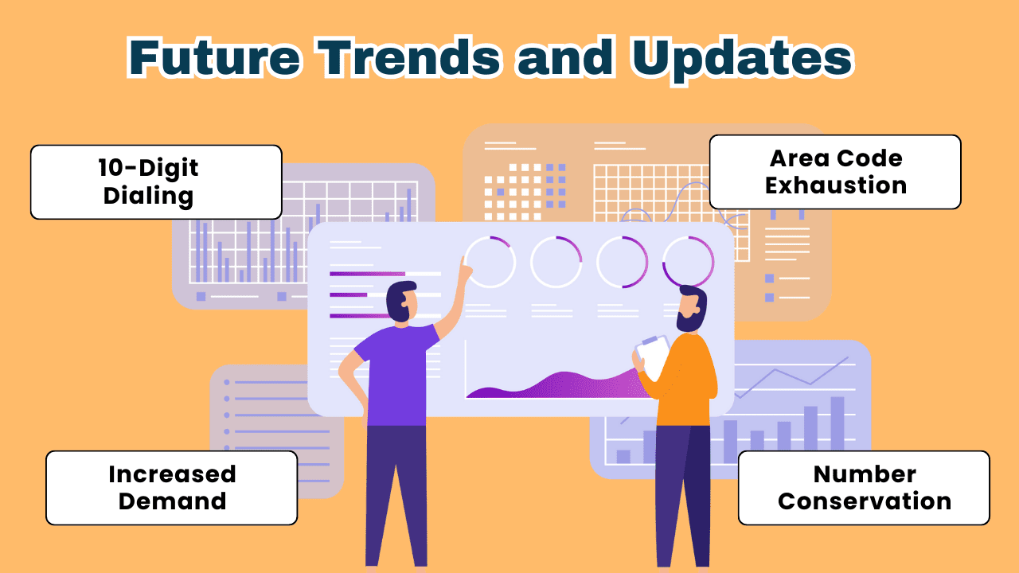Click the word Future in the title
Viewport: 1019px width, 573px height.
pos(215,58)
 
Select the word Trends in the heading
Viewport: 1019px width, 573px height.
pos(409,58)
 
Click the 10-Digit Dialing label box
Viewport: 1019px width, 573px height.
pos(156,182)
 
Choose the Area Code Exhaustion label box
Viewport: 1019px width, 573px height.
pos(835,172)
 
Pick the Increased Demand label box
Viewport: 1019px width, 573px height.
pos(171,488)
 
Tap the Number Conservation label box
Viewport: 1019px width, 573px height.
pos(864,488)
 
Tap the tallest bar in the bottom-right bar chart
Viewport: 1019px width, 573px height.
pos(837,423)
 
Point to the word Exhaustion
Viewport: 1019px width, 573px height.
pos(836,185)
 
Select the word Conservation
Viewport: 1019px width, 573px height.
pos(865,501)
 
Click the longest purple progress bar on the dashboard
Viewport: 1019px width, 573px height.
pos(367,274)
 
